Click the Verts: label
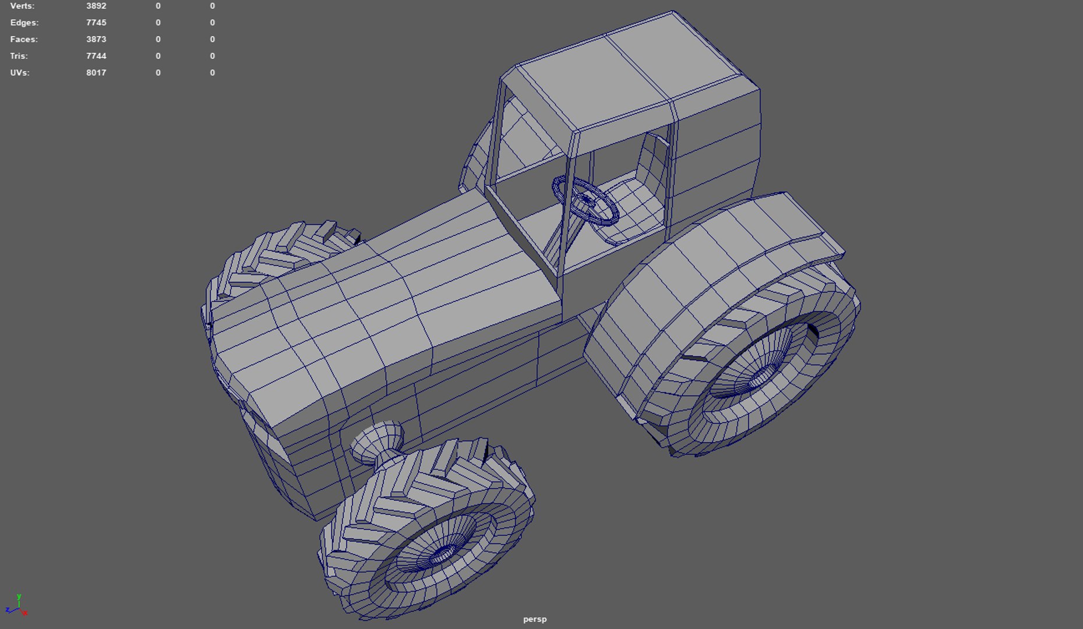(x=22, y=6)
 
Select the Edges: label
(x=24, y=23)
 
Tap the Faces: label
(x=24, y=40)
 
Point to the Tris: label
(x=19, y=56)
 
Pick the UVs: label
(x=20, y=73)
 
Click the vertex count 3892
(x=96, y=6)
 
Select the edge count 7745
(x=96, y=23)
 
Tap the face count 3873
(x=96, y=40)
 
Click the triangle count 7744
(x=96, y=56)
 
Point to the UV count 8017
(x=96, y=73)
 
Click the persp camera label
(x=535, y=619)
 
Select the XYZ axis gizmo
(x=17, y=606)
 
